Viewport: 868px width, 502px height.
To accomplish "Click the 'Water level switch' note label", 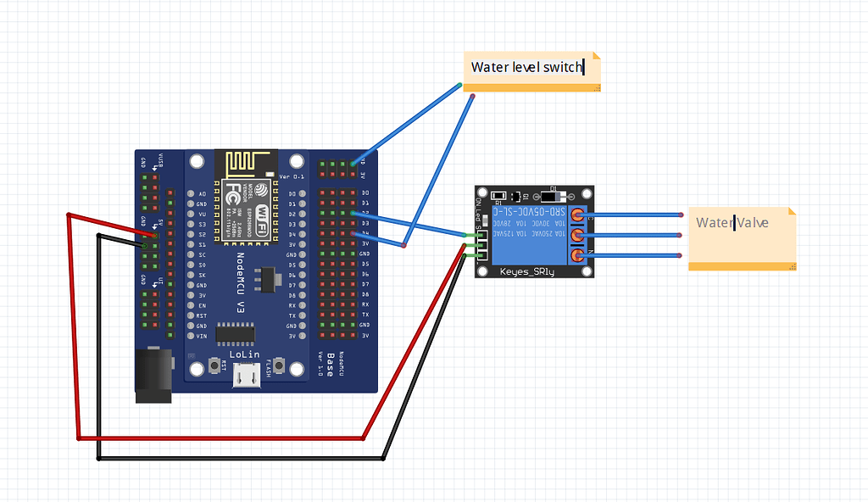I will click(x=526, y=67).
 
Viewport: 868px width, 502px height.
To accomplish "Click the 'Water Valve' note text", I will click(x=732, y=223).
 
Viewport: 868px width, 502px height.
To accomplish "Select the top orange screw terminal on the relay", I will click(x=578, y=215).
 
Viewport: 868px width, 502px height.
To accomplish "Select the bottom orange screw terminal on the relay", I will click(x=578, y=254).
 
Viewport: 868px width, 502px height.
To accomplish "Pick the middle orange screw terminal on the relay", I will click(x=578, y=235).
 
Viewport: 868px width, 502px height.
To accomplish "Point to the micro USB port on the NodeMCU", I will click(x=247, y=375).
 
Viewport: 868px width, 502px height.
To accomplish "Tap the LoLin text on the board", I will click(x=244, y=354).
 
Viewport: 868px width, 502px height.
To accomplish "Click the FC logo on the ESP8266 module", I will click(x=233, y=196).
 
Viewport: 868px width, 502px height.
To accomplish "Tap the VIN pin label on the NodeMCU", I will click(x=201, y=337).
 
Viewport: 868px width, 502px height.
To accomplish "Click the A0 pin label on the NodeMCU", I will click(x=201, y=194).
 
